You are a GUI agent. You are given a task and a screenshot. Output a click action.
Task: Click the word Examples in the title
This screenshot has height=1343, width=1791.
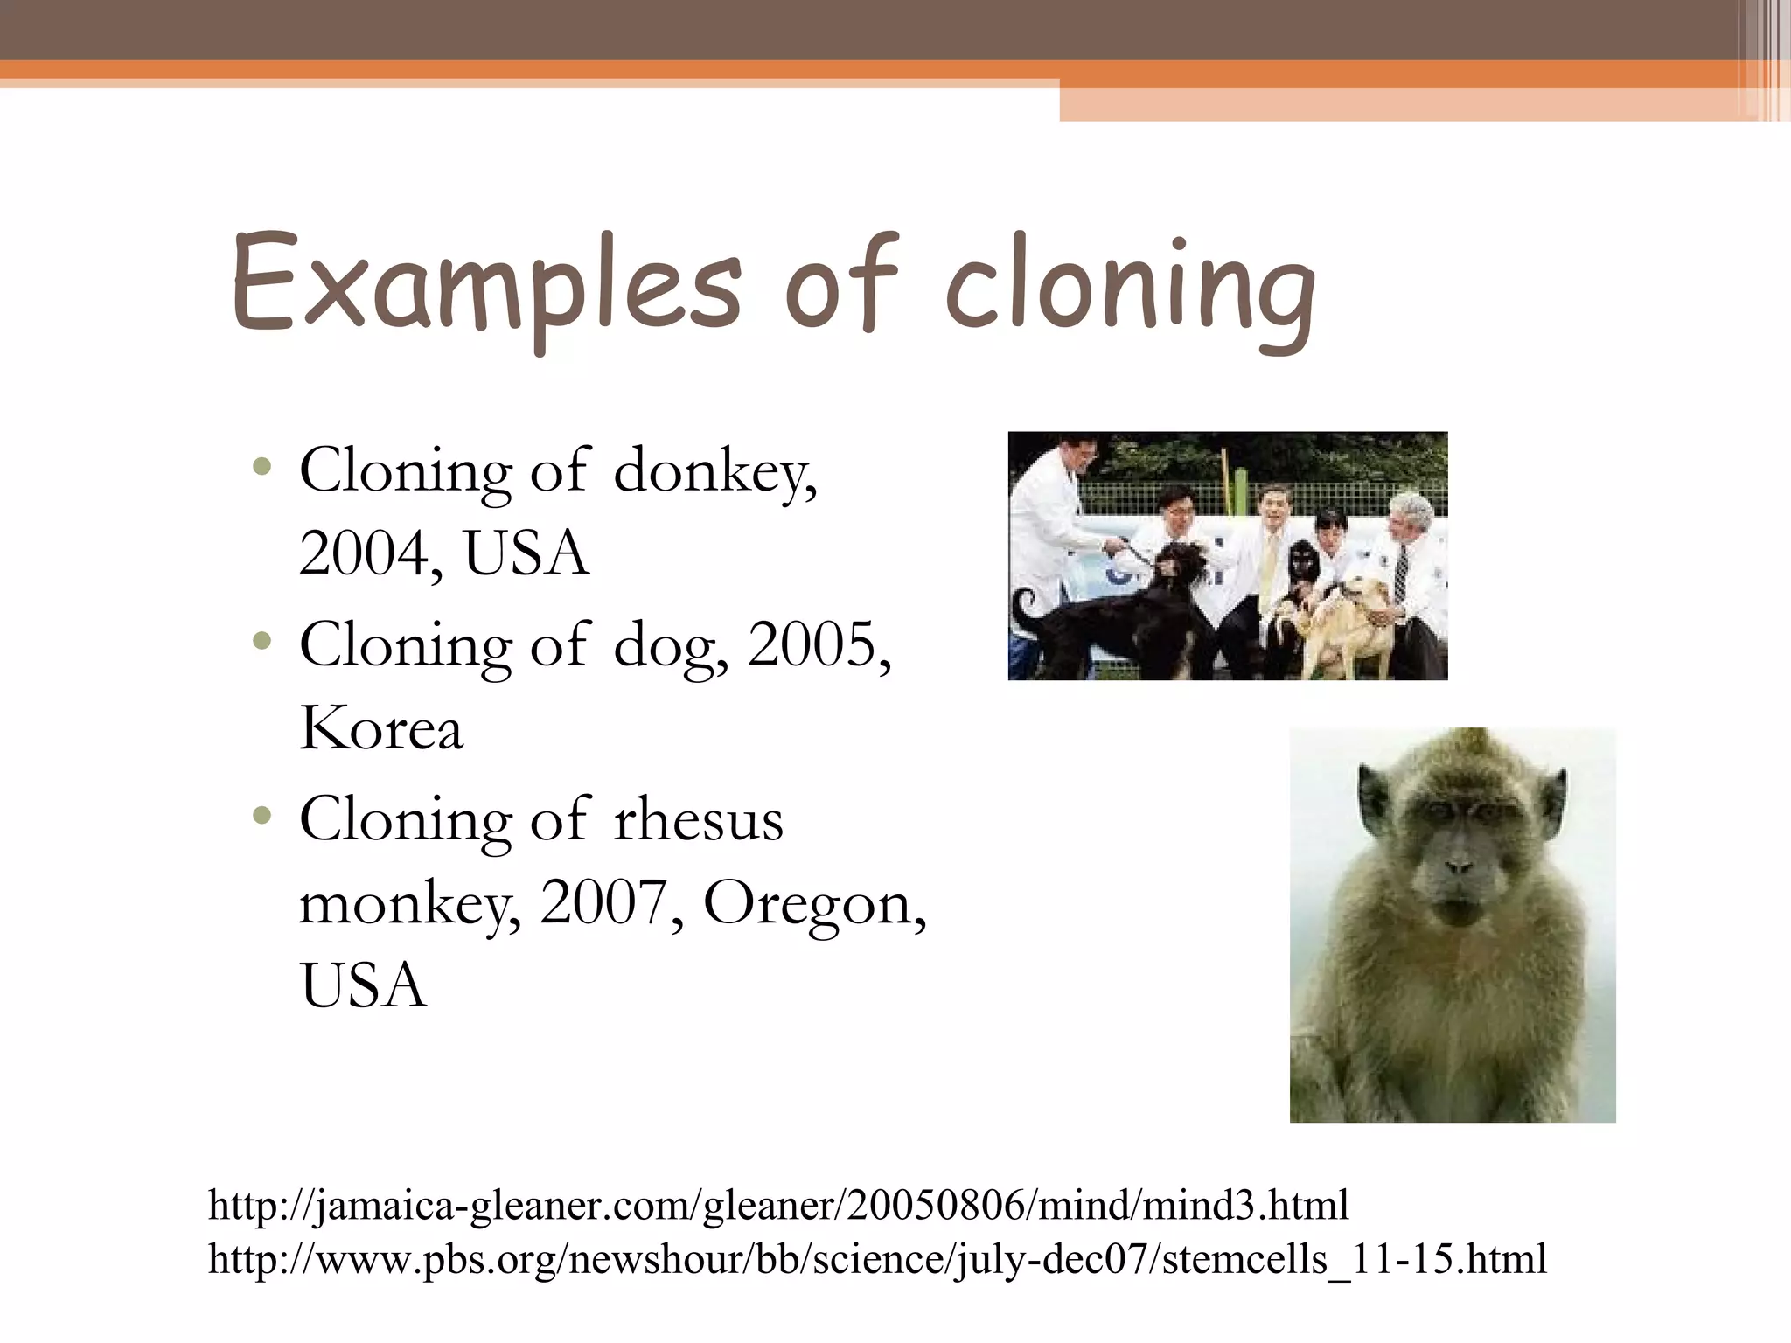pyautogui.click(x=485, y=284)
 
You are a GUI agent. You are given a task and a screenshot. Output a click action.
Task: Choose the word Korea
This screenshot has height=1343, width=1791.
pyautogui.click(x=380, y=729)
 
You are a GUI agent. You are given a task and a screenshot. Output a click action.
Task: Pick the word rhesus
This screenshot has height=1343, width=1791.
pyautogui.click(x=698, y=820)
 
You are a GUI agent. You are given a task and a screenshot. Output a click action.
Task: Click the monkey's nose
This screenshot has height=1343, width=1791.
pyautogui.click(x=1458, y=866)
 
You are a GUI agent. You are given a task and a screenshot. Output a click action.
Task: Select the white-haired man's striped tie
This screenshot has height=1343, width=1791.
pyautogui.click(x=1399, y=573)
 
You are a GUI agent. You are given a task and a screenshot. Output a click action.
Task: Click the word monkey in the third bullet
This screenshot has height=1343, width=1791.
pyautogui.click(x=409, y=906)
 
